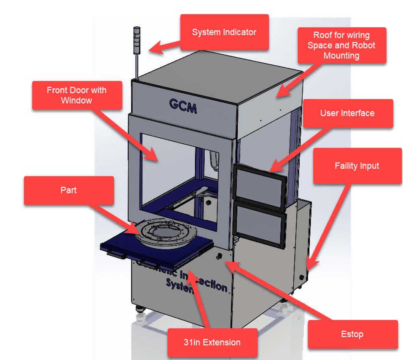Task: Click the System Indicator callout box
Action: (225, 32)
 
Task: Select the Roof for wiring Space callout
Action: (341, 45)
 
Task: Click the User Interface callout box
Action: (347, 113)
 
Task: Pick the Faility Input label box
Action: (357, 166)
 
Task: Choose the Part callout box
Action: (68, 190)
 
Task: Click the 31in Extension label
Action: (212, 343)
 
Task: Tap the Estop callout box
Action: (352, 334)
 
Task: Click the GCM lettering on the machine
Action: (183, 106)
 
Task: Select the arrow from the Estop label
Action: (271, 285)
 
